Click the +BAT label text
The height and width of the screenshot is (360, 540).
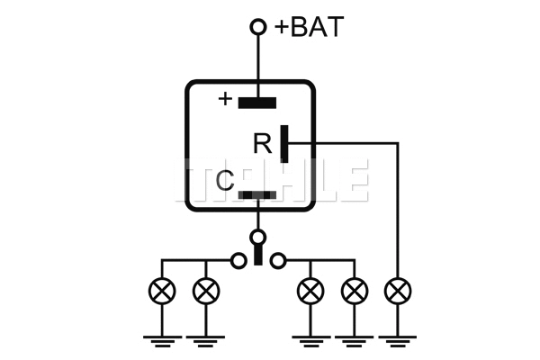coord(309,27)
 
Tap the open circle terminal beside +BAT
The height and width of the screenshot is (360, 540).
coord(258,28)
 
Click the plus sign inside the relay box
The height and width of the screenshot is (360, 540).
coord(224,98)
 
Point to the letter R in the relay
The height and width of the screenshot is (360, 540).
coord(262,143)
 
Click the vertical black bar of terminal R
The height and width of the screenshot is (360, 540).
coord(284,143)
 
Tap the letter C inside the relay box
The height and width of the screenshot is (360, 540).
coord(225,182)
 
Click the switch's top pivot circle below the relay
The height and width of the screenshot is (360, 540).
coord(258,238)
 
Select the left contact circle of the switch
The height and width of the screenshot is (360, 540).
coord(238,261)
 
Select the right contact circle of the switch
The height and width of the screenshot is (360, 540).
coord(279,261)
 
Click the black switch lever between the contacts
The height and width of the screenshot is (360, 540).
coord(258,256)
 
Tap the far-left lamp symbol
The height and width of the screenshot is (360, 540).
coord(162,291)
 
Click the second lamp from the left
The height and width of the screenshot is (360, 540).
coord(206,291)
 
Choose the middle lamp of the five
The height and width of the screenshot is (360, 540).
coord(310,291)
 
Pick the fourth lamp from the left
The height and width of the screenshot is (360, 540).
coord(355,291)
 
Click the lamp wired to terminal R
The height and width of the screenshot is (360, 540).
coord(397,291)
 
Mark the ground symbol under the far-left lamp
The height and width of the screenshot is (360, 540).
coord(162,338)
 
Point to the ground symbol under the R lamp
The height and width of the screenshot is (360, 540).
coord(397,338)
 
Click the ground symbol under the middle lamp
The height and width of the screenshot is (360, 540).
coord(310,338)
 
